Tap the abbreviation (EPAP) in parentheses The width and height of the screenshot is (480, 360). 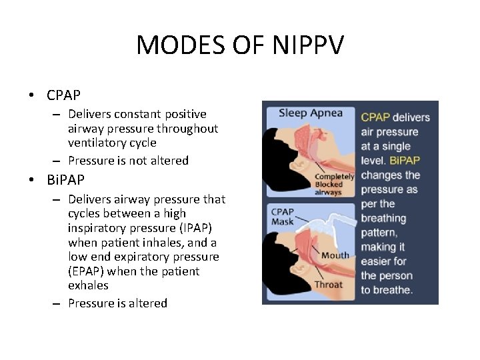87,271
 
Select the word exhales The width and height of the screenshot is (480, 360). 88,285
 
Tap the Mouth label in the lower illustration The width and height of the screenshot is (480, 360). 335,255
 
